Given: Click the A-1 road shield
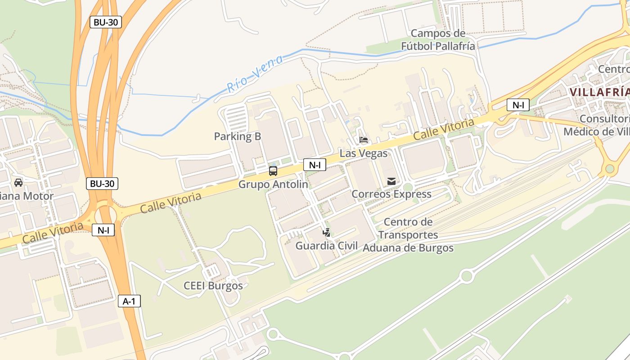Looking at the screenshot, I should pyautogui.click(x=129, y=301).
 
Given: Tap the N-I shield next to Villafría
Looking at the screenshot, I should pyautogui.click(x=518, y=105).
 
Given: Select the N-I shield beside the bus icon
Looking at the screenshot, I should pyautogui.click(x=315, y=165).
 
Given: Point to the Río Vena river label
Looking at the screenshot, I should pyautogui.click(x=255, y=74).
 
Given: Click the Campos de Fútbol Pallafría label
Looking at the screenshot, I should pyautogui.click(x=438, y=40).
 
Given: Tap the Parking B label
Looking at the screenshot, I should pyautogui.click(x=237, y=136).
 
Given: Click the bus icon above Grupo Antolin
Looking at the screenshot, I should pyautogui.click(x=273, y=171).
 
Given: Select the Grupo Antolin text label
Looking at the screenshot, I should pyautogui.click(x=273, y=184).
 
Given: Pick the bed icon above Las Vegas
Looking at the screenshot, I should pyautogui.click(x=364, y=140).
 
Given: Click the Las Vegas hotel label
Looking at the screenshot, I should pyautogui.click(x=364, y=153).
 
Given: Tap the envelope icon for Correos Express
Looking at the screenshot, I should pyautogui.click(x=391, y=181).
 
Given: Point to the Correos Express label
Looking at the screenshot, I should pyautogui.click(x=391, y=194).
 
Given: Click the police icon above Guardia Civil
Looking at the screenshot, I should pyautogui.click(x=327, y=233).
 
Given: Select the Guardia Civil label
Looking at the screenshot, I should pyautogui.click(x=327, y=246).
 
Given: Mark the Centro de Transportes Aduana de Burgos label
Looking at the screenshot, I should pyautogui.click(x=408, y=235).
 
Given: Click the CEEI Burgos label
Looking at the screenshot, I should pyautogui.click(x=213, y=286).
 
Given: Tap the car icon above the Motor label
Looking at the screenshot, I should pyautogui.click(x=18, y=182).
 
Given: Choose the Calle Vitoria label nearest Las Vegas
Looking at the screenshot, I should pyautogui.click(x=444, y=129).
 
